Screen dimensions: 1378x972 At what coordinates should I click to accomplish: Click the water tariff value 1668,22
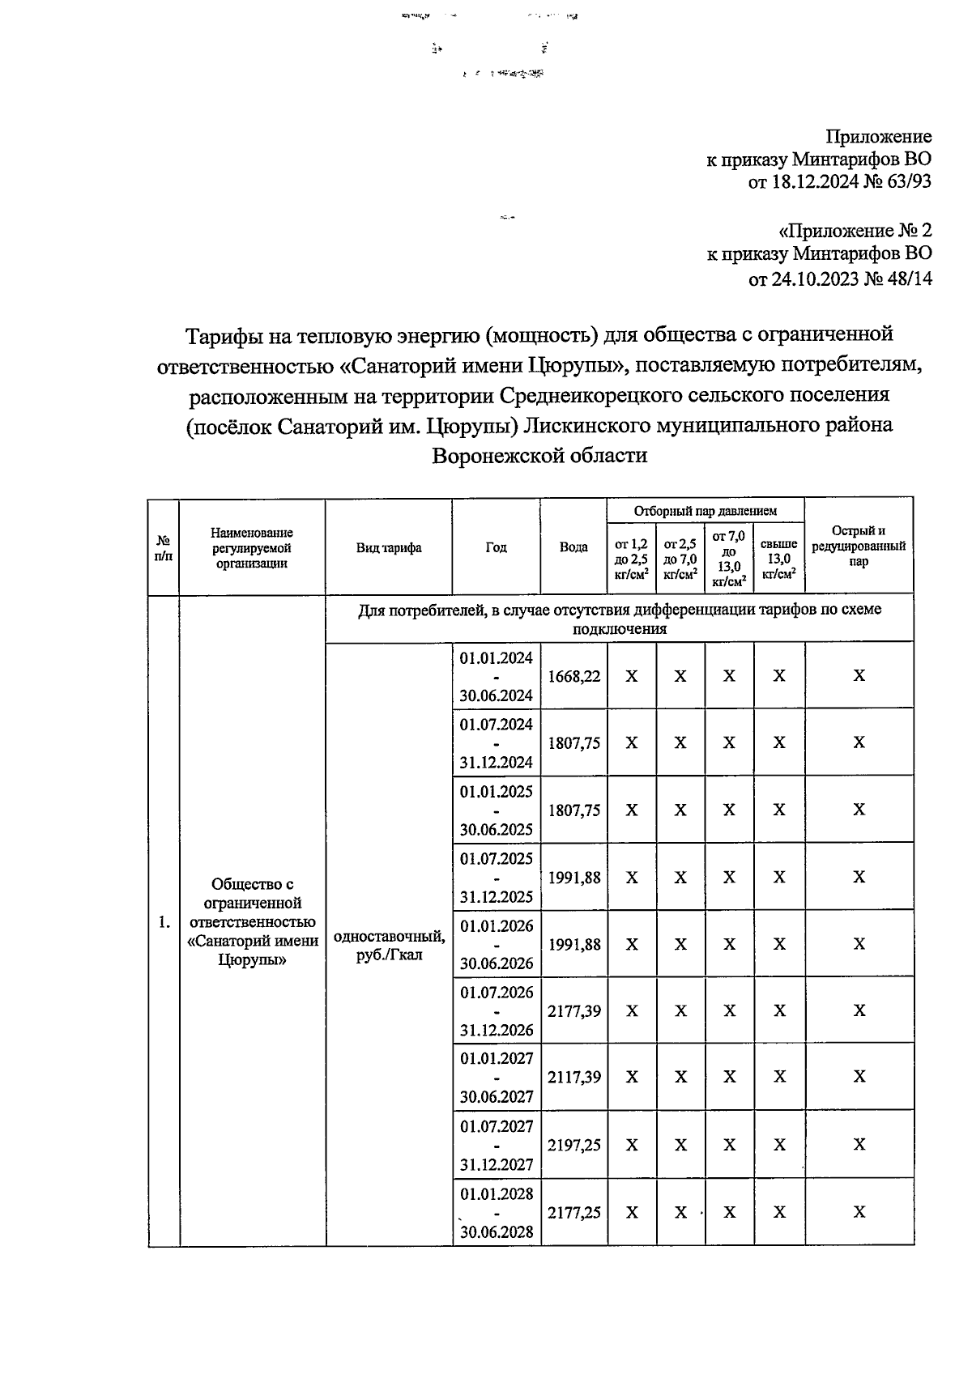point(573,676)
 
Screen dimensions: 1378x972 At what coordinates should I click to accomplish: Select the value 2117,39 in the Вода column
point(573,1077)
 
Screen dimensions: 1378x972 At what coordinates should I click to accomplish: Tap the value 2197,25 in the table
point(573,1145)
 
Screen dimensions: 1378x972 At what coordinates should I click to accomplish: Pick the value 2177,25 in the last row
point(573,1212)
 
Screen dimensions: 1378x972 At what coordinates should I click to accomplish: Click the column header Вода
point(573,547)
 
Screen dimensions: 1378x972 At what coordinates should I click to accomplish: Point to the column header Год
point(496,547)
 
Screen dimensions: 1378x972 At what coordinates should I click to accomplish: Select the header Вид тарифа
point(389,547)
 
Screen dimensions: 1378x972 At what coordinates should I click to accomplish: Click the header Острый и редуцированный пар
point(859,546)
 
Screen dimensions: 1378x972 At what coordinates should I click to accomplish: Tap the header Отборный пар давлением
point(705,511)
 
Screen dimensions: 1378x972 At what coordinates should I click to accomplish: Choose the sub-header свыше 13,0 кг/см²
point(779,559)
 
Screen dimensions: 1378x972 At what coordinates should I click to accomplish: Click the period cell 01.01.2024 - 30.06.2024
point(496,676)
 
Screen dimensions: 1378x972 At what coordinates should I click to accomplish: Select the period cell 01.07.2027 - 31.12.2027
point(496,1145)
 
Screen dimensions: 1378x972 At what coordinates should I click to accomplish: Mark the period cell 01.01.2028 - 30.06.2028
point(496,1212)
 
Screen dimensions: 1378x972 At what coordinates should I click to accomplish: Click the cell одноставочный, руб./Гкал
point(389,945)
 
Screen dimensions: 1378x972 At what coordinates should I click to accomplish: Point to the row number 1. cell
point(164,921)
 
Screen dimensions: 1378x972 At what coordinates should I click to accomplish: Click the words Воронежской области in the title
point(539,455)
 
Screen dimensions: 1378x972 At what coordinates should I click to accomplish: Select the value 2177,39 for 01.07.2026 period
point(573,1010)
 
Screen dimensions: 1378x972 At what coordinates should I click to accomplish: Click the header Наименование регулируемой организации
point(252,547)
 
